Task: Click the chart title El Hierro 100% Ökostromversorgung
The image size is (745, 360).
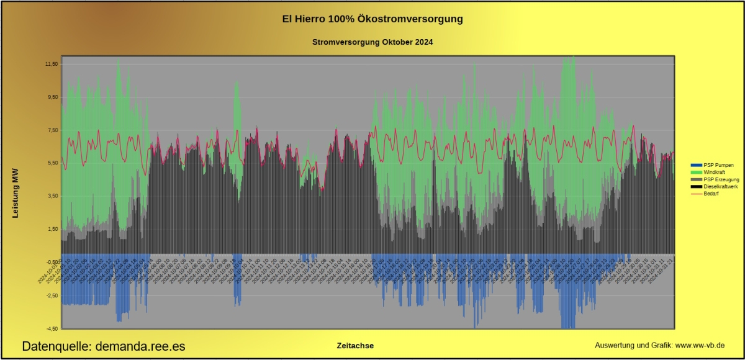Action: [x=372, y=19]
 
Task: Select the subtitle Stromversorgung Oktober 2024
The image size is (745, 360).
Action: [x=372, y=42]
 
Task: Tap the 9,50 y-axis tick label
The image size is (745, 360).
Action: [x=52, y=97]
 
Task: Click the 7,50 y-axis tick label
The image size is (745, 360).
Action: [x=52, y=130]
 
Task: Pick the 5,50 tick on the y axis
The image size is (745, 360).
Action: [x=52, y=163]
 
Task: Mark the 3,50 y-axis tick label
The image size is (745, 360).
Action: [x=52, y=196]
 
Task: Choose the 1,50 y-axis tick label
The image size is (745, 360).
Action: [x=52, y=228]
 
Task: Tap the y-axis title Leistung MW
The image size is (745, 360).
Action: [x=17, y=196]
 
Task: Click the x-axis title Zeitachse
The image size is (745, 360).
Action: [x=355, y=346]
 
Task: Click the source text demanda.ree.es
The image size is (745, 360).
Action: [x=140, y=346]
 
